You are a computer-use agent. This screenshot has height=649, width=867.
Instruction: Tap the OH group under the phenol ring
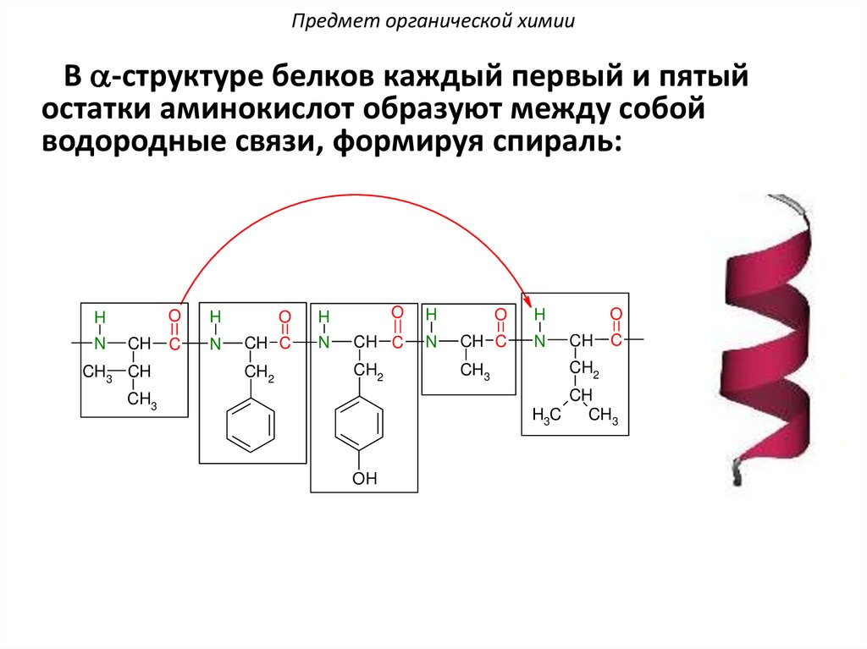tap(364, 480)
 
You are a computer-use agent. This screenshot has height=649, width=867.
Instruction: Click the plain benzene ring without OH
tap(251, 426)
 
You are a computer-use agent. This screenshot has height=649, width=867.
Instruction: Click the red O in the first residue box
tap(174, 316)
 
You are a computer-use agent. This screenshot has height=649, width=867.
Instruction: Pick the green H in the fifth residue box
tap(540, 316)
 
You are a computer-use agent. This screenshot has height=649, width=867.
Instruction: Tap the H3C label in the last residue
tap(546, 415)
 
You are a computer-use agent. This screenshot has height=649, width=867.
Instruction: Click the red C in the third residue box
tap(396, 342)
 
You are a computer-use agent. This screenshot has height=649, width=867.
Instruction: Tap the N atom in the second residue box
tap(215, 343)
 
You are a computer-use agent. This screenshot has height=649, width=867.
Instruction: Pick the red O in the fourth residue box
tap(500, 316)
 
